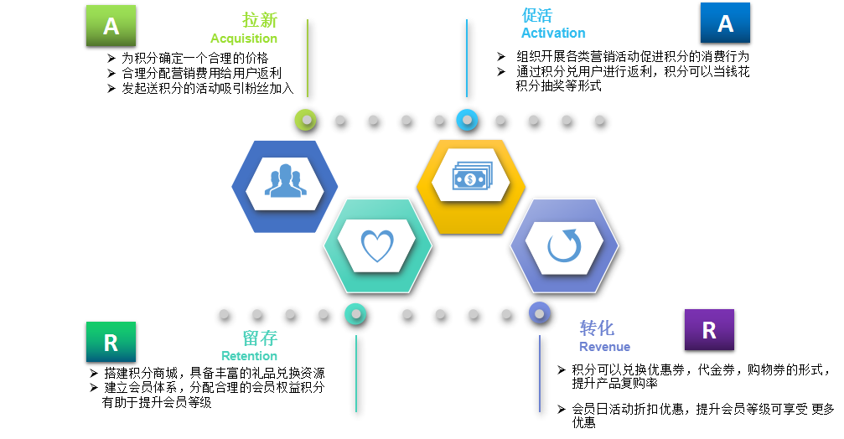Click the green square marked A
tap(111, 26)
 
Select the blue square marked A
tap(725, 23)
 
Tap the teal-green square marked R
tap(111, 342)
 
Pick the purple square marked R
tap(709, 329)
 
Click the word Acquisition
tap(243, 39)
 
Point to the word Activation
tap(553, 34)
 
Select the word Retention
tap(249, 356)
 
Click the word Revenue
tap(604, 347)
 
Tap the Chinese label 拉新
tap(259, 20)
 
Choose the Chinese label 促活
tap(536, 15)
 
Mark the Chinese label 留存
tap(259, 338)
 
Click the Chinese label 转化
tap(597, 328)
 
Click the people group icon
tap(285, 181)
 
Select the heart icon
tap(376, 245)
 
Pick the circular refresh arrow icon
tap(564, 246)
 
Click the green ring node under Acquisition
tap(307, 121)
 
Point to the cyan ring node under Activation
tap(467, 121)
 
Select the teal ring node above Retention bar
tap(355, 314)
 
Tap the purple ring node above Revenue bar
tap(540, 314)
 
